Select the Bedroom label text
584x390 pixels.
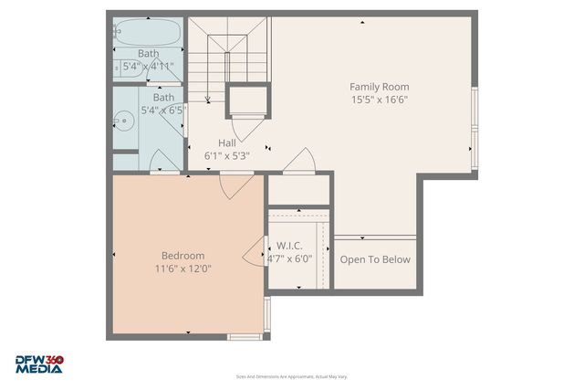click(182, 256)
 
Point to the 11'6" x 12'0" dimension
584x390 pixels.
click(182, 269)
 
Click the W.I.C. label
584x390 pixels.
click(288, 246)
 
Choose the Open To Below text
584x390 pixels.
click(375, 259)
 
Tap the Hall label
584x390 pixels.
click(227, 142)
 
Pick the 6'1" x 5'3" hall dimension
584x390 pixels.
click(227, 156)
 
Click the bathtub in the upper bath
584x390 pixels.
click(148, 34)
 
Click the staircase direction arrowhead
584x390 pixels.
click(208, 100)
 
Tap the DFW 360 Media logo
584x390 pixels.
click(38, 364)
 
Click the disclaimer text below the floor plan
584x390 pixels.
click(292, 376)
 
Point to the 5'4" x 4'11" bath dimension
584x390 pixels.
click(148, 67)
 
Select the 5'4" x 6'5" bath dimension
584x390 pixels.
click(163, 110)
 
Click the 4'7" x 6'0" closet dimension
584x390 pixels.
click(289, 258)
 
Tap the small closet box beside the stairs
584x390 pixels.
click(248, 100)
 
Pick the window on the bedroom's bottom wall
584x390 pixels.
click(244, 337)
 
